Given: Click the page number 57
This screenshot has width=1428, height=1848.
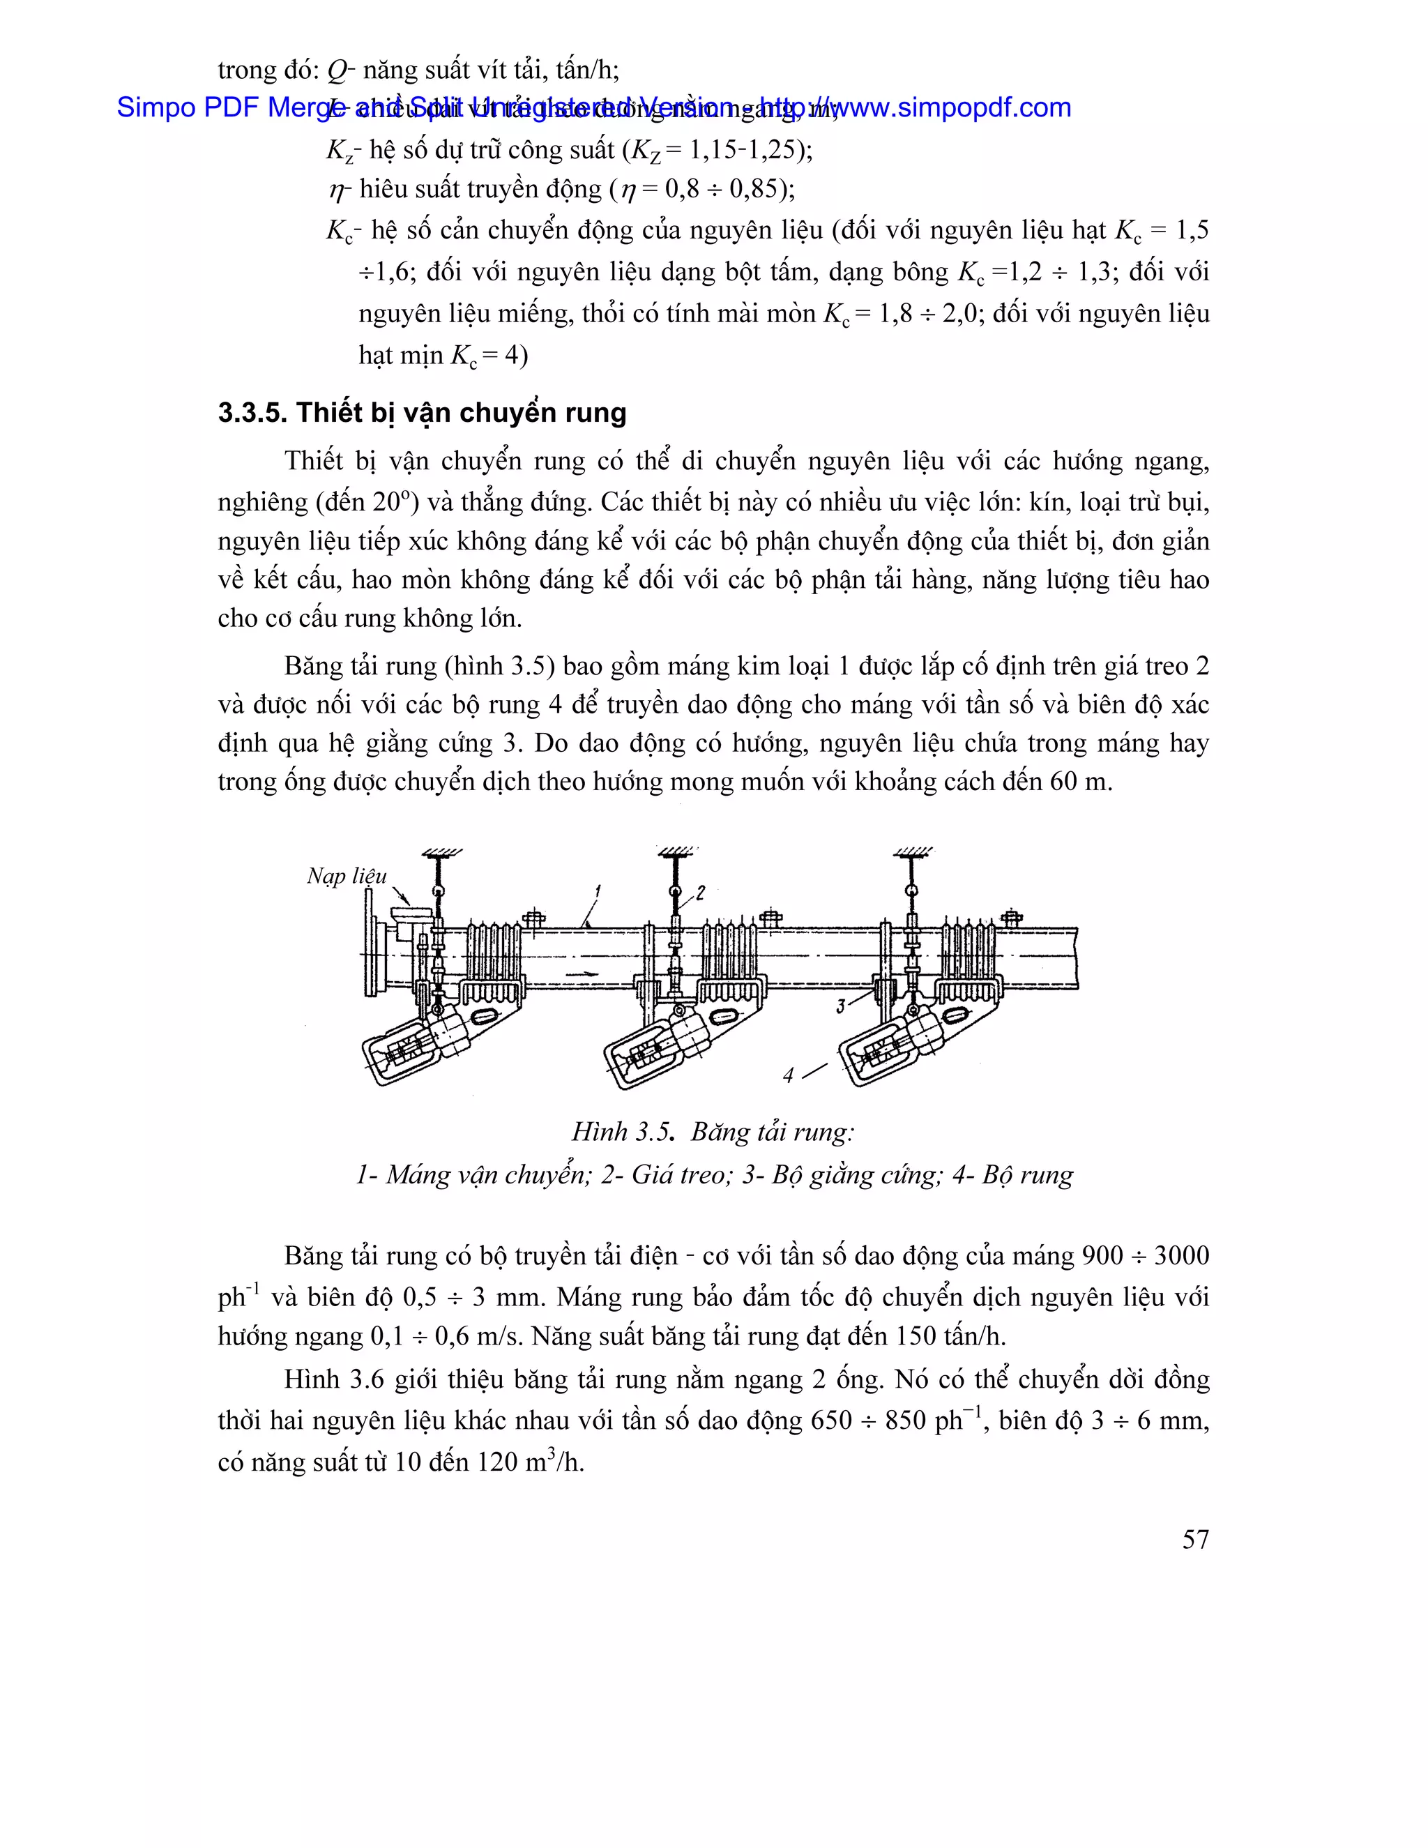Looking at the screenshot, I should coord(1195,1539).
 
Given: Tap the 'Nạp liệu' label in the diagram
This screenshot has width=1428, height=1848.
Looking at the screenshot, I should coord(346,876).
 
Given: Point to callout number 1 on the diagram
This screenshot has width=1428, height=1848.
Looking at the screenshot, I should coord(598,891).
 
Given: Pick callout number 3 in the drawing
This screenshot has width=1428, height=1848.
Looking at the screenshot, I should coord(841,1006).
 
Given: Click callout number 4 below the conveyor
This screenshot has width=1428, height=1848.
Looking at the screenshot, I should coord(789,1075).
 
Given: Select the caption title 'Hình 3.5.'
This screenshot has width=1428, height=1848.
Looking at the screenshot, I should coord(623,1132).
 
